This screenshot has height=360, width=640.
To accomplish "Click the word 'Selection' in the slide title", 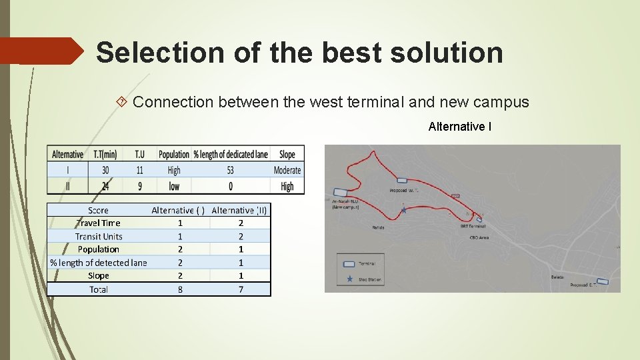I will [139, 53].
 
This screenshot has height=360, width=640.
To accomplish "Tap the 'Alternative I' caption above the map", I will [460, 126].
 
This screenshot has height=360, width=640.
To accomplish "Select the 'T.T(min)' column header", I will [105, 154].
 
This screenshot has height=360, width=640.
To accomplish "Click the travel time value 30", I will [105, 170].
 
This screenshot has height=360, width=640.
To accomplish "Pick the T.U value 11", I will [139, 170].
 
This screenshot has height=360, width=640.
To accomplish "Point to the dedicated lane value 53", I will [230, 170].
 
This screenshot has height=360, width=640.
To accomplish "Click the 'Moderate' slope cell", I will [287, 170].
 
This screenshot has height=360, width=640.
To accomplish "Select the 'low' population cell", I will [174, 186].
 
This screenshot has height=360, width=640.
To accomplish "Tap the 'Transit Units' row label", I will [99, 236].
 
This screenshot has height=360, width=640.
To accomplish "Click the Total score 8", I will [180, 289].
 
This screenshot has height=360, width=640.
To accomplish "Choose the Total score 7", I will [241, 289].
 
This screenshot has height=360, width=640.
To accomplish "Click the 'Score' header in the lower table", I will [98, 210].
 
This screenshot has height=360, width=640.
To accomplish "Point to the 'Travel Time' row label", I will [99, 223].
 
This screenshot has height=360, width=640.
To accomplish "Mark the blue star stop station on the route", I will [404, 210].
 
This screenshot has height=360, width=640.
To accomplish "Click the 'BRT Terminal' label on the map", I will [473, 226].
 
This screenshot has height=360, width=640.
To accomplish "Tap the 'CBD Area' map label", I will [479, 237].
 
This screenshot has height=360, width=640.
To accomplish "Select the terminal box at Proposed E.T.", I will [602, 281].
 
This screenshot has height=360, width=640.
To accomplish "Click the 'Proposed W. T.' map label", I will [404, 190].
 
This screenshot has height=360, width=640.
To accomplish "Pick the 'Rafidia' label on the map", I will [378, 227].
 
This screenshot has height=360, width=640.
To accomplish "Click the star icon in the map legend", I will [349, 279].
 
